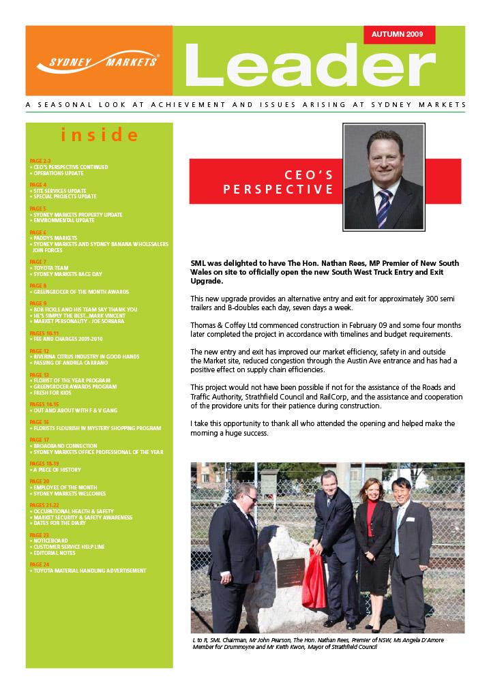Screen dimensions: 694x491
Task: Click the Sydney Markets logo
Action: (x=99, y=61)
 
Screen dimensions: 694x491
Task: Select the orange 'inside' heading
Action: (x=100, y=134)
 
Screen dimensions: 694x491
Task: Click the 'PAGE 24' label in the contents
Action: (x=40, y=564)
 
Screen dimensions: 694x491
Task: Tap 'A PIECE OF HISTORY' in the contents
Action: (x=57, y=470)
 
